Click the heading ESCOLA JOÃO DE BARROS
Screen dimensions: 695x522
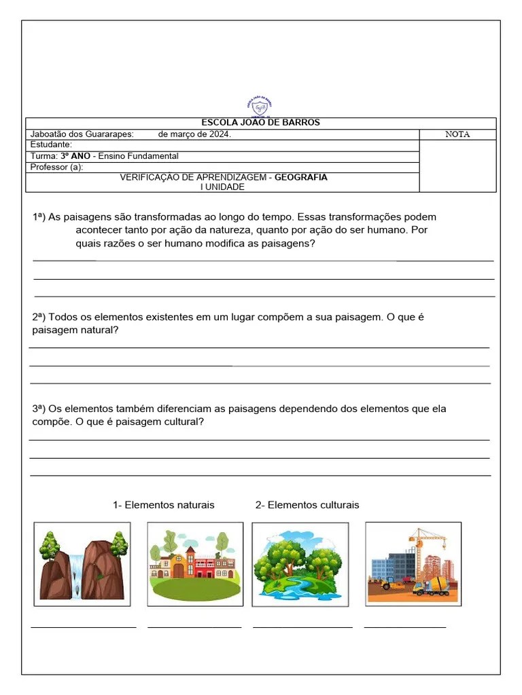point(260,123)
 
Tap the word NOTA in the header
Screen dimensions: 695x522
point(457,134)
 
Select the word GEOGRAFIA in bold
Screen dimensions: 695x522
point(300,178)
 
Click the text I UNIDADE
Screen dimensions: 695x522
point(222,187)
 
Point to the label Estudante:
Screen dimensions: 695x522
point(51,145)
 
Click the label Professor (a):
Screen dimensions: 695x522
point(56,168)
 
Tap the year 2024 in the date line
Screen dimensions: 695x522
point(218,134)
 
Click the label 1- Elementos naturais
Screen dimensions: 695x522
point(164,505)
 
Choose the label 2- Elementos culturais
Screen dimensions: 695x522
point(307,505)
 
